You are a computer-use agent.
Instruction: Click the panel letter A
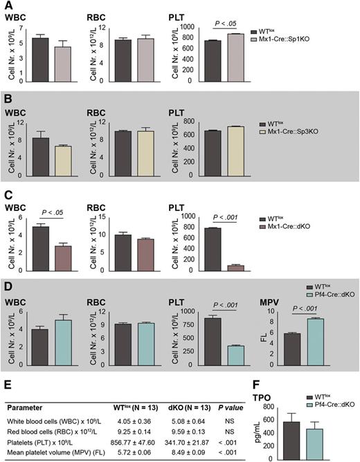pyautogui.click(x=6, y=6)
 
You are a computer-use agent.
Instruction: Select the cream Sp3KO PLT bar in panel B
pyautogui.click(x=237, y=147)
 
